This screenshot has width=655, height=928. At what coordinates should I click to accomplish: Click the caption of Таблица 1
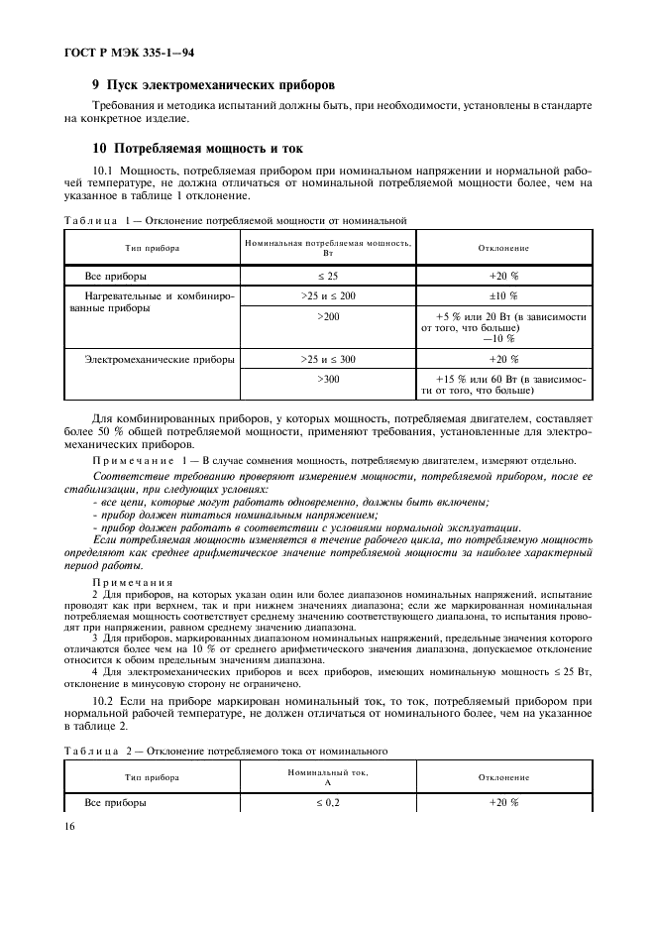236,220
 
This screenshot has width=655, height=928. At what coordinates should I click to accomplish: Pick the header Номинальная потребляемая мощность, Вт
328,248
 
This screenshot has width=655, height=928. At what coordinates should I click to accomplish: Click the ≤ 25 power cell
328,277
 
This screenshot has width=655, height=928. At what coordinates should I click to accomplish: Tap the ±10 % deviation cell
504,295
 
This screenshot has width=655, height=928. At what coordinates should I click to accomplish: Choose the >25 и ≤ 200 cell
328,295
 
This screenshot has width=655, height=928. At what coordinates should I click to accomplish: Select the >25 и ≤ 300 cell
328,359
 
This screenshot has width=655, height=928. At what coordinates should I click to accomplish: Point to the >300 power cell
328,379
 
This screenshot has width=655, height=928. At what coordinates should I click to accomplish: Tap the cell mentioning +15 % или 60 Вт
504,385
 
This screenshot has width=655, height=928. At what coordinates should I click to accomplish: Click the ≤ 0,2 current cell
328,802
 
